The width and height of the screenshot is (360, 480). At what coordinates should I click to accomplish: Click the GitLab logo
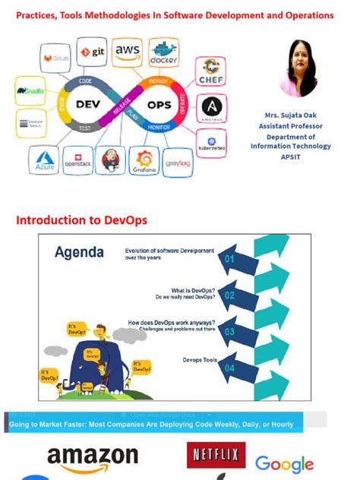(55, 57)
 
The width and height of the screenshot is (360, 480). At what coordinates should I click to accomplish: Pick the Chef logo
(210, 72)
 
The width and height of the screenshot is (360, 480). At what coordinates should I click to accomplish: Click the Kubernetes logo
(212, 142)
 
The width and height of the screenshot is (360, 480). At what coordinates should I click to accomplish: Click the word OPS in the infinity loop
(159, 104)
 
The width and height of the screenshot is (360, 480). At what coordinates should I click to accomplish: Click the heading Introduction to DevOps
(81, 220)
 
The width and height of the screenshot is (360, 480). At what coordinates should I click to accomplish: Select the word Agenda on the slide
(80, 253)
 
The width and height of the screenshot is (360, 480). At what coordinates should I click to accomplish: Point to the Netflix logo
(216, 455)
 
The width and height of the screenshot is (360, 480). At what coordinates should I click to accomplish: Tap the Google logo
(284, 463)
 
